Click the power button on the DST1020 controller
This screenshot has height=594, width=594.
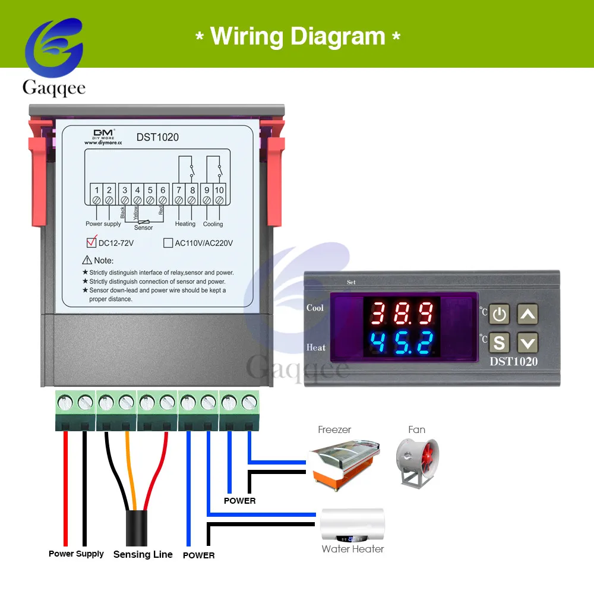click(500, 314)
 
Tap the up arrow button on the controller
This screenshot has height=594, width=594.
click(527, 314)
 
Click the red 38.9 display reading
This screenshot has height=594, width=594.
click(402, 312)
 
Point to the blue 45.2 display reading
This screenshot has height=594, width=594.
click(402, 343)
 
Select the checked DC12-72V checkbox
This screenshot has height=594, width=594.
click(91, 242)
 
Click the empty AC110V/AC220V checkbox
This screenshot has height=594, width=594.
click(168, 243)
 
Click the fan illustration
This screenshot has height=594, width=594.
click(416, 463)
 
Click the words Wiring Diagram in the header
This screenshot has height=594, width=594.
click(298, 36)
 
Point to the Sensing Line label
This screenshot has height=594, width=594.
click(143, 554)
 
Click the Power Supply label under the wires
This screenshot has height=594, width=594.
click(76, 554)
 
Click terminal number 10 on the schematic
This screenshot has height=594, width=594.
click(219, 190)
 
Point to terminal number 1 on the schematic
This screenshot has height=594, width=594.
click(97, 190)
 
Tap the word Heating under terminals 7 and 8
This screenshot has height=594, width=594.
click(185, 224)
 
